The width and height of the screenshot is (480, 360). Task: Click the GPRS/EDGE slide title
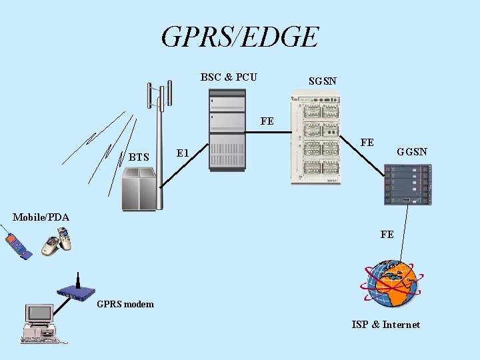[x=240, y=37]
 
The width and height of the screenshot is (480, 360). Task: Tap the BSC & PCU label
[x=229, y=77]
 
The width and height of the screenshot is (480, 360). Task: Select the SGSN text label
[x=323, y=81]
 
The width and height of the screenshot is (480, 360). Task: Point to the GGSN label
[x=412, y=152]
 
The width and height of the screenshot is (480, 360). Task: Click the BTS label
[x=139, y=158]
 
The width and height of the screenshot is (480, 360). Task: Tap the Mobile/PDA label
[x=41, y=217]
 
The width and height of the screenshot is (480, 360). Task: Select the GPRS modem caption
[x=125, y=305]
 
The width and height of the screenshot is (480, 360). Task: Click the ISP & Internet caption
[x=386, y=325]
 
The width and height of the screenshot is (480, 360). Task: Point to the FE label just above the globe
[x=387, y=235]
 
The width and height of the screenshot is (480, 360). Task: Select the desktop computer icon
[x=41, y=323]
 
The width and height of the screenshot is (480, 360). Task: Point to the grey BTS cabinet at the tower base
[x=139, y=188]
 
